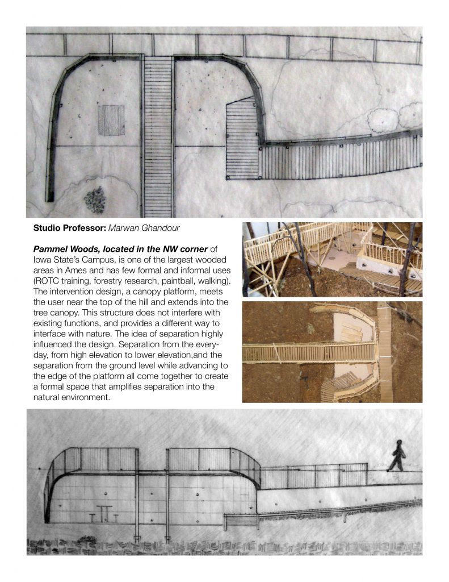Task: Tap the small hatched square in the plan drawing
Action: [111, 120]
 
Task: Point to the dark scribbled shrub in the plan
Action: [95, 200]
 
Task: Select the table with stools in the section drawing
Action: [104, 514]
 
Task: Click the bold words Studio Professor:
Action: [69, 228]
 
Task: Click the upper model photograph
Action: [332, 259]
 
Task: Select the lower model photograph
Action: [332, 352]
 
